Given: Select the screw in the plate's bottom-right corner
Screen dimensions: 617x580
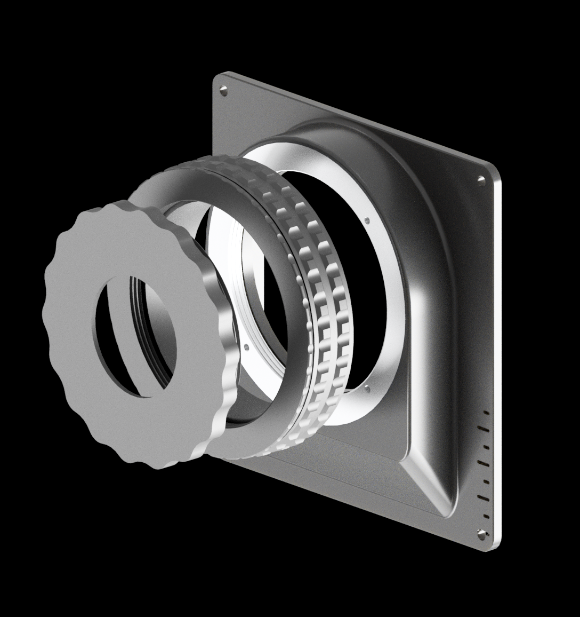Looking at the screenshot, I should (x=482, y=532).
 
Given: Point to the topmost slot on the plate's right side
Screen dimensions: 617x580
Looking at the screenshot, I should (x=486, y=412).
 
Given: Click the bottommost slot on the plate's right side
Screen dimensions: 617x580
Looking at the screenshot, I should (x=485, y=516).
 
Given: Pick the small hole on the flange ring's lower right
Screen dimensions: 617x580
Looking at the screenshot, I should (x=368, y=391).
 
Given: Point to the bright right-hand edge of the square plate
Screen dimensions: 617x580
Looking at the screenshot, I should (x=497, y=347).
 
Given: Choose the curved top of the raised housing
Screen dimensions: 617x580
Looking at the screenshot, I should (x=341, y=133).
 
